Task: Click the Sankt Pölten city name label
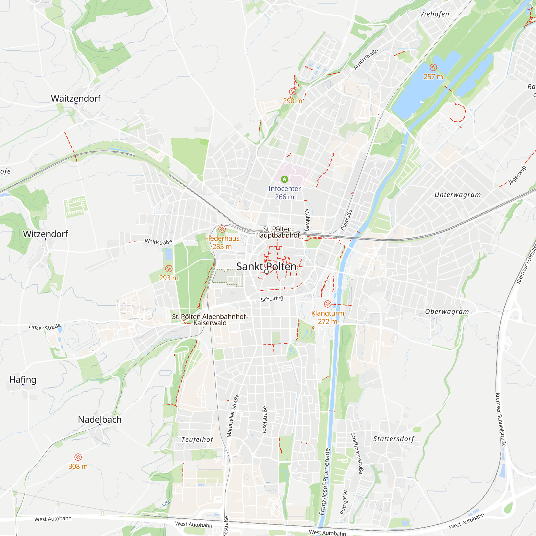point(266,267)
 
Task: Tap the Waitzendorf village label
point(76,98)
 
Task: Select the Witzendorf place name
point(46,234)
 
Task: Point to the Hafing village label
point(23,379)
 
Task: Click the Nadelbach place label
point(100,419)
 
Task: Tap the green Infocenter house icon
point(284,179)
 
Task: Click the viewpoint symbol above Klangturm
point(327,304)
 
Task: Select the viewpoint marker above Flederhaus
point(222,229)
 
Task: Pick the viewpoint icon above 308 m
point(78,457)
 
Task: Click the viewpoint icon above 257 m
point(433,67)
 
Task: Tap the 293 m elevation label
point(169,278)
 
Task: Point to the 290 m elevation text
point(292,101)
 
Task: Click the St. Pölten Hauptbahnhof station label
point(277,232)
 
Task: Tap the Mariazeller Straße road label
point(233,416)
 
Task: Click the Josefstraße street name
point(265,420)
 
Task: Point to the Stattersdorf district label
point(393,439)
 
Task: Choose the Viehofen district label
point(434,14)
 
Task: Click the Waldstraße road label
point(158,242)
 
